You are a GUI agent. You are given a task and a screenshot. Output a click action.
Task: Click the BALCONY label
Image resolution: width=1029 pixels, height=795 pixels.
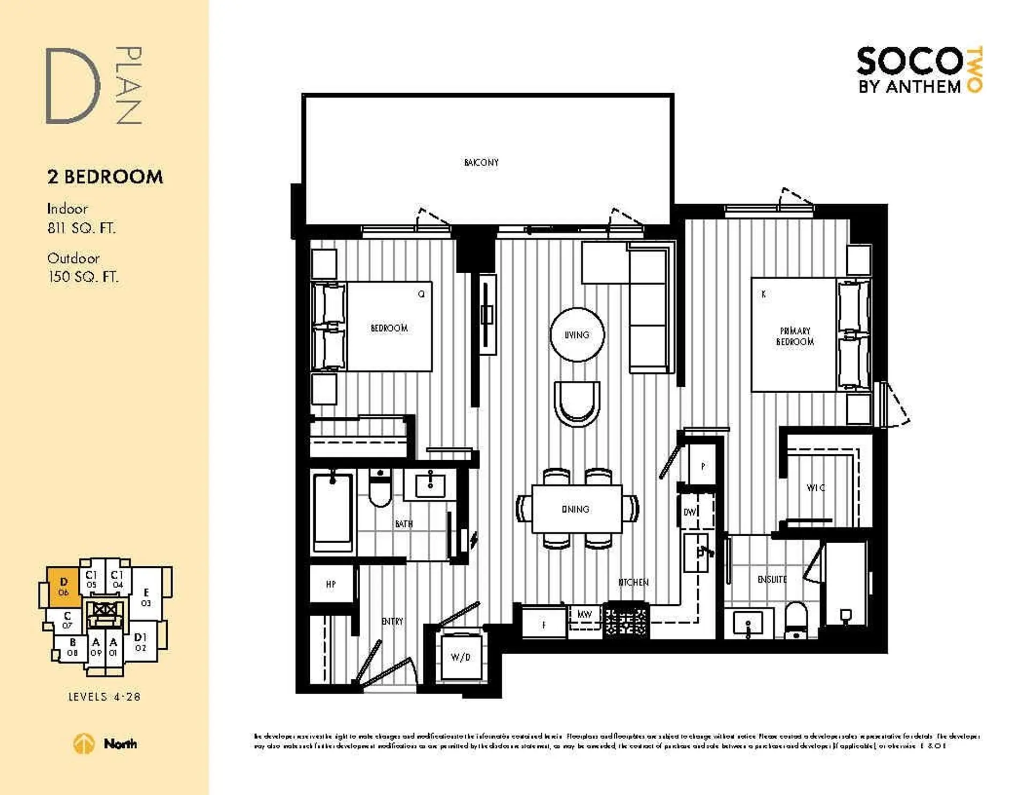point(481,162)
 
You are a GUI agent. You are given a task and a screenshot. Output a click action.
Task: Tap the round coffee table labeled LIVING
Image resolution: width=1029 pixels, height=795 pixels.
point(577,335)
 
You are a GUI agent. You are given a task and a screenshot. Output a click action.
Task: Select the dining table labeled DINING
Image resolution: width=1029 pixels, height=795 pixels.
point(577,509)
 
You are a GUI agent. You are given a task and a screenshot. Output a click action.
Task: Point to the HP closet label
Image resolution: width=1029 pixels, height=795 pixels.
point(331,584)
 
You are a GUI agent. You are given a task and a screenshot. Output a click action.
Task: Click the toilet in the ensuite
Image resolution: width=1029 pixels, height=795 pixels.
point(796,620)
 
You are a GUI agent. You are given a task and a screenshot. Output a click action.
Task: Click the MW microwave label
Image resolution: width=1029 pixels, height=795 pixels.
point(584,614)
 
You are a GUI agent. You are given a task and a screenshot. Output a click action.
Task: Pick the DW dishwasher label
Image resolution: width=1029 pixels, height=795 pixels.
point(690,512)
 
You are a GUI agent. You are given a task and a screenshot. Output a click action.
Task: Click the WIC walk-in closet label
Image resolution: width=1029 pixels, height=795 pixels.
point(815,487)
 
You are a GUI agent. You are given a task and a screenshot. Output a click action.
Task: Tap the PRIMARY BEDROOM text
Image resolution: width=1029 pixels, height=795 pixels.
point(795,336)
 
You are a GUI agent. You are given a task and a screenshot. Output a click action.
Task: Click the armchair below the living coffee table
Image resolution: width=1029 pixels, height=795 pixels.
point(577,403)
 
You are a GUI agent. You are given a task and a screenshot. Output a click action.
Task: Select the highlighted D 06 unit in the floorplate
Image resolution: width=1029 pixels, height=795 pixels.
point(64,586)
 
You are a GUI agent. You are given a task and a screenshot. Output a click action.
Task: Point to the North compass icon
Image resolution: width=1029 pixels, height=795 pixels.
point(83,744)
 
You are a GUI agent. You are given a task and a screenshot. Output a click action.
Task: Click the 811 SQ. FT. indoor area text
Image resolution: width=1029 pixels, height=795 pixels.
point(81,228)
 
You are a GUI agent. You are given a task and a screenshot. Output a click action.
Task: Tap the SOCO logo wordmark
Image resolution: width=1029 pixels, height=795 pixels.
point(909,62)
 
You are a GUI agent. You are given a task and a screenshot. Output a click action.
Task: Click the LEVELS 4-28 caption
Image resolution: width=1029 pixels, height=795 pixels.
point(104,696)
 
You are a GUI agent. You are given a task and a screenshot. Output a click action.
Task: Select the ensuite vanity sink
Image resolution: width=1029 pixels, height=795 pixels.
point(748,623)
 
